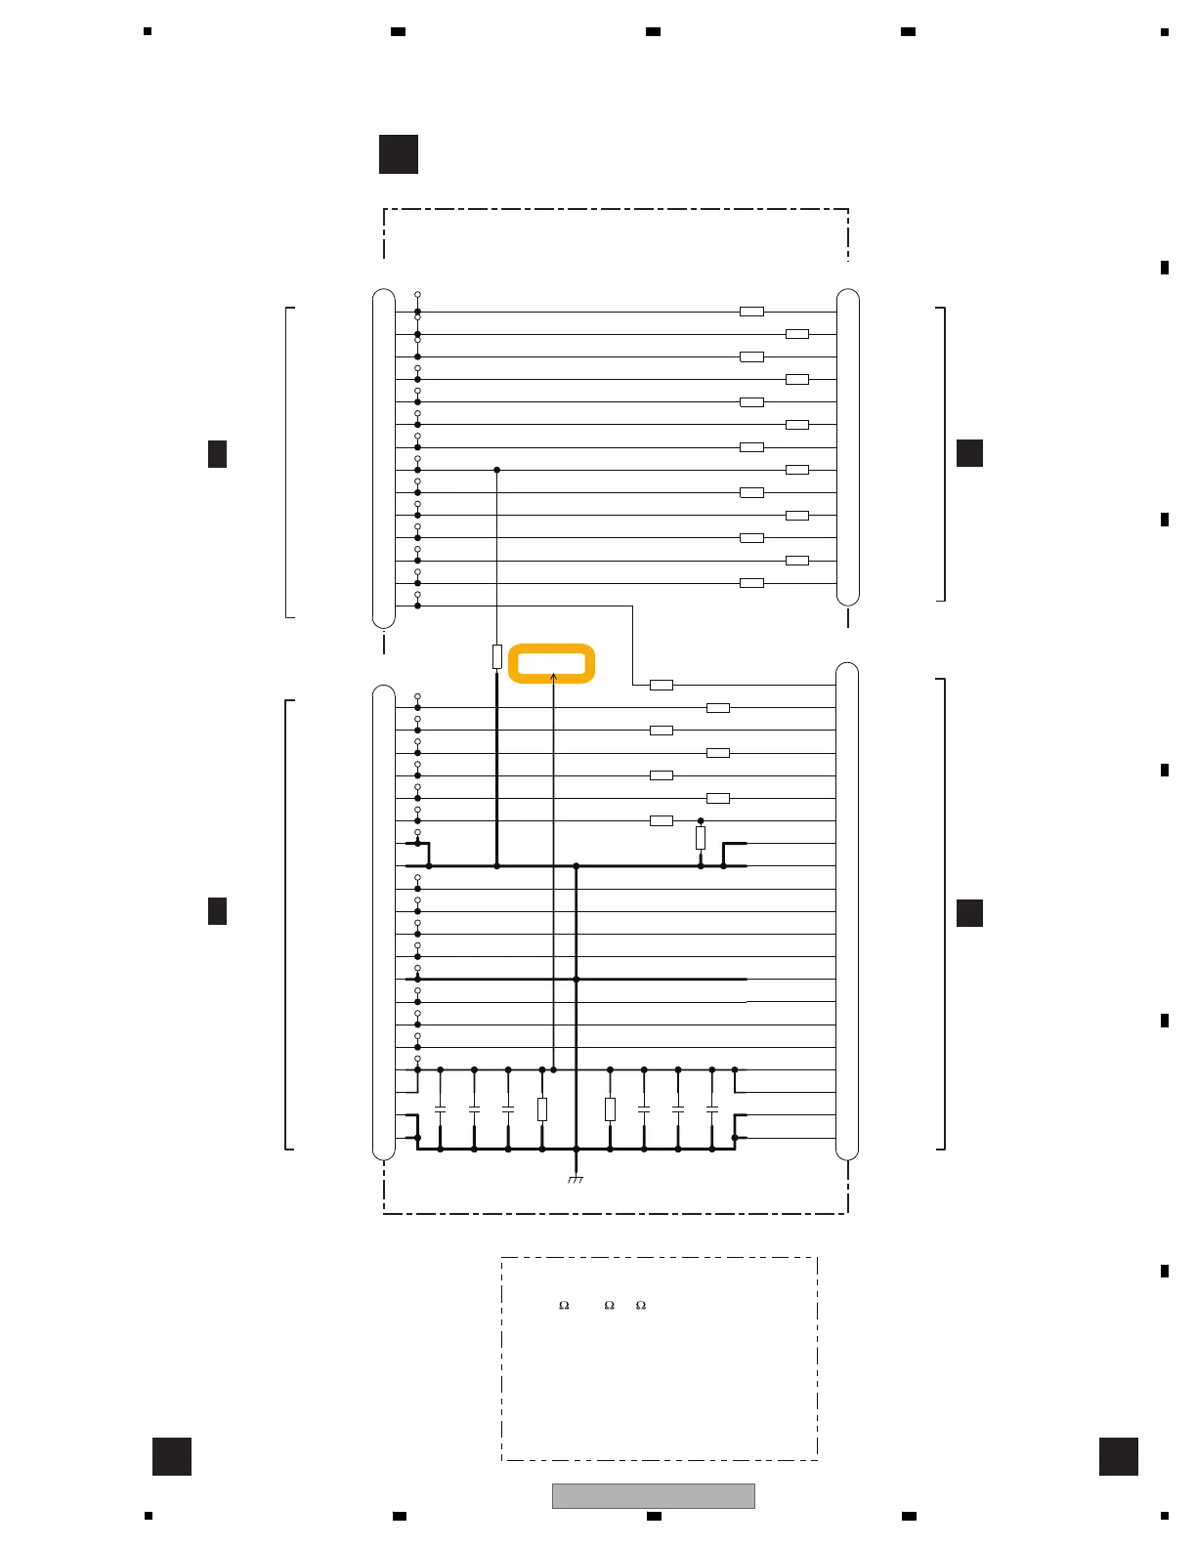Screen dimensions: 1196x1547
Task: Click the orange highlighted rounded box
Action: (552, 663)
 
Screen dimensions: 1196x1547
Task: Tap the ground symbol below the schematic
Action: (576, 1181)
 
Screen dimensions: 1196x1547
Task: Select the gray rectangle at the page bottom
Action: (653, 1496)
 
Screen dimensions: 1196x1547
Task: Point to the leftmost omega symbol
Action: (564, 1305)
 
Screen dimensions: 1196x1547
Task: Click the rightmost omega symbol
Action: (641, 1305)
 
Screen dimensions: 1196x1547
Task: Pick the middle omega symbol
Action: (609, 1305)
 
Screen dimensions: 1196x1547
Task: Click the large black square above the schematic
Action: (399, 154)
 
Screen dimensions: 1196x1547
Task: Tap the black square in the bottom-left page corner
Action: (172, 1456)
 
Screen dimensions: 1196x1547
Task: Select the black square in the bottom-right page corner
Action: (1118, 1456)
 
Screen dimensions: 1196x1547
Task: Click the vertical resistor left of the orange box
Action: (497, 656)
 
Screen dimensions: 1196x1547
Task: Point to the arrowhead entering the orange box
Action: (554, 676)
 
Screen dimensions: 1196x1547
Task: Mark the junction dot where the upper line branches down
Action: (497, 470)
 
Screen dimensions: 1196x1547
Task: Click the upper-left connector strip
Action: (384, 458)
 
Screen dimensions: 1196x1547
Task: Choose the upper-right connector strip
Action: (848, 447)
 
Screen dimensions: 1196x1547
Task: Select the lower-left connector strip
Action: (384, 922)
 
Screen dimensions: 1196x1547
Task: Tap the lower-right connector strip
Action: (847, 910)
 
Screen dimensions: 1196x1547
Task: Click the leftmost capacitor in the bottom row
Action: (440, 1109)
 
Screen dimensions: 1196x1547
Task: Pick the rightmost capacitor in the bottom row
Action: (712, 1109)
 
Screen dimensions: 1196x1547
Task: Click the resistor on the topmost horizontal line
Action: (751, 312)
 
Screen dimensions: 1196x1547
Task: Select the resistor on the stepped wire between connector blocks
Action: (662, 685)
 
